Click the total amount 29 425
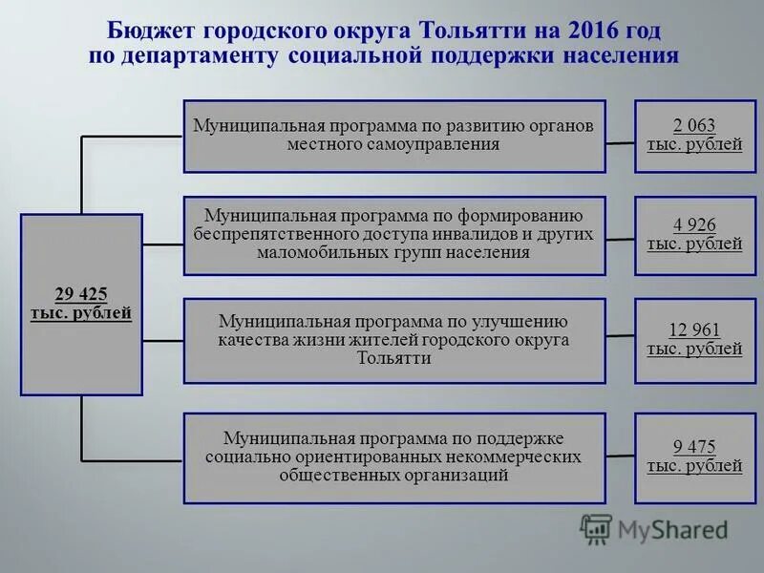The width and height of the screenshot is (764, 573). (81, 294)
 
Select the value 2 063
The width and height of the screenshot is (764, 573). (693, 126)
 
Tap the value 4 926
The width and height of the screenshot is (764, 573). (693, 225)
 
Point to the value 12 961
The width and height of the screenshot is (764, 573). (693, 330)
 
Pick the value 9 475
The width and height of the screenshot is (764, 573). (693, 447)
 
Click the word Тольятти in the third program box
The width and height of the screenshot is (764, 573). (393, 358)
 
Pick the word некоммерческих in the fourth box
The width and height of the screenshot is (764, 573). (518, 456)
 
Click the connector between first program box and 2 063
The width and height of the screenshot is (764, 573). (620, 143)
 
